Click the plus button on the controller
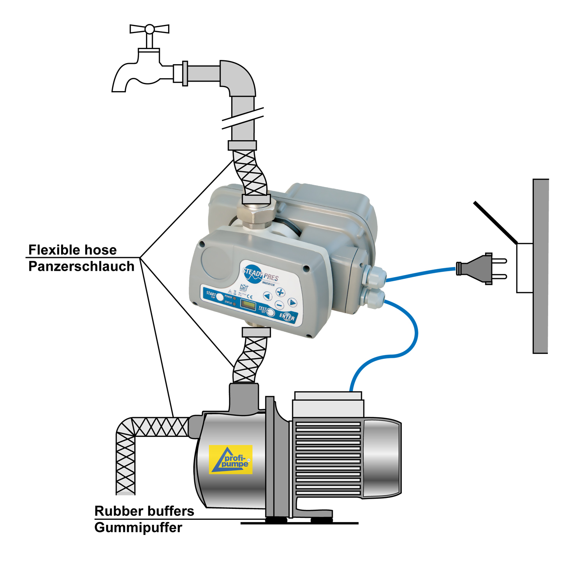(x=280, y=292)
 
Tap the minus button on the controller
(x=279, y=304)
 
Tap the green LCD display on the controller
(x=247, y=304)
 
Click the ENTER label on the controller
(x=287, y=317)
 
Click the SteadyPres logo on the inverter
(x=260, y=274)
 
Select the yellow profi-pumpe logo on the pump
(x=231, y=459)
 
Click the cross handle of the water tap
(x=150, y=29)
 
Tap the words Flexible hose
(x=72, y=250)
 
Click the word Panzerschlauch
(x=81, y=266)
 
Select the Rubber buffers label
(x=144, y=511)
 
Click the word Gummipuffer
(x=138, y=528)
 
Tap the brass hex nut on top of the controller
(x=256, y=215)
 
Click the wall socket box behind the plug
(x=524, y=268)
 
